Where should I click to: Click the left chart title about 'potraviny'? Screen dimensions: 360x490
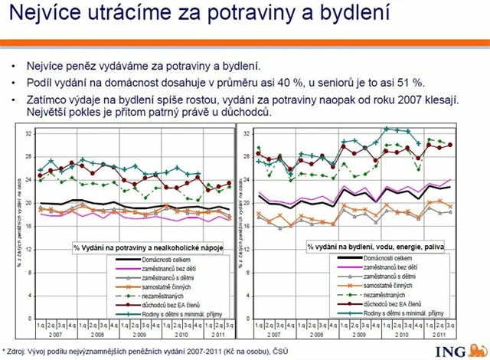coord(152,248)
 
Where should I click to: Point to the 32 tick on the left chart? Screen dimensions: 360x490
coord(28,134)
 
